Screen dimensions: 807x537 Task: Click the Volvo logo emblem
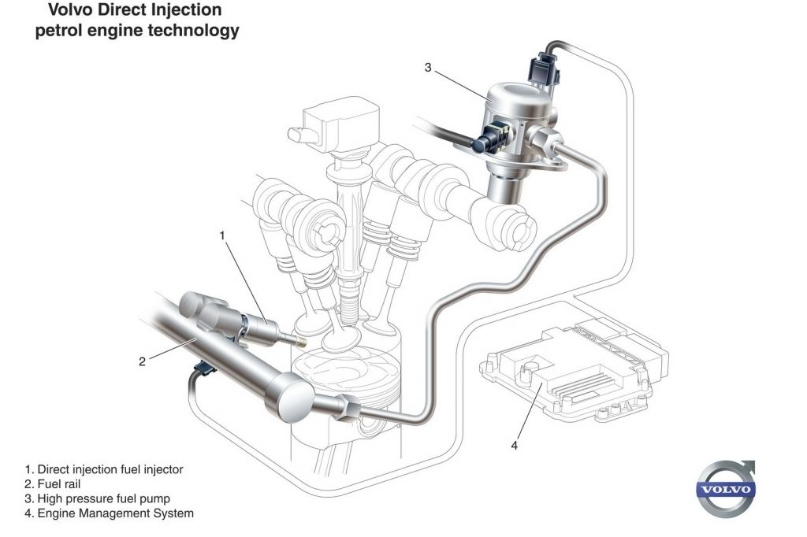click(x=726, y=489)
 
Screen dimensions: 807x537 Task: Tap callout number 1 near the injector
click(x=222, y=235)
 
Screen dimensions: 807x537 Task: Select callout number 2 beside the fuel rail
click(x=142, y=361)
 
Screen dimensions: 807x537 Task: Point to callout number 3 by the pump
click(x=428, y=68)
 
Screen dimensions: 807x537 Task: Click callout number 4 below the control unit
click(x=514, y=446)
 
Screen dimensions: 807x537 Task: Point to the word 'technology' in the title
click(x=194, y=31)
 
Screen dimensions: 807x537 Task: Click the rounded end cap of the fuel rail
click(x=291, y=397)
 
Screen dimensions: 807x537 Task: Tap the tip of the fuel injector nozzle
click(x=302, y=342)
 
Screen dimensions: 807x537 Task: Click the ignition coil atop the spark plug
click(x=340, y=125)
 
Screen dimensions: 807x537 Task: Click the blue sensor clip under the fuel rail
click(x=205, y=368)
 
